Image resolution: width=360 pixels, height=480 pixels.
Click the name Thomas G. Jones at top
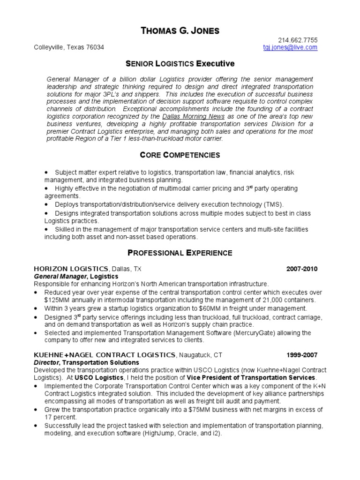tap(180, 31)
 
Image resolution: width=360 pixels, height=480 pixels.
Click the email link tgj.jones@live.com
tap(290, 47)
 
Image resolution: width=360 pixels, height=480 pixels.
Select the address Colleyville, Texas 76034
tap(69, 47)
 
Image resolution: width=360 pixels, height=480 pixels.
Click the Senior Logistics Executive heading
tap(180, 63)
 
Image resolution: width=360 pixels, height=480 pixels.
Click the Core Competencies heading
tap(180, 155)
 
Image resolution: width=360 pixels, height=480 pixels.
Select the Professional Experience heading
tap(180, 253)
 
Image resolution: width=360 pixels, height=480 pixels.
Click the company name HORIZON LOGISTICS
tap(71, 269)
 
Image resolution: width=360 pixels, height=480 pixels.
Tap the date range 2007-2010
tap(302, 269)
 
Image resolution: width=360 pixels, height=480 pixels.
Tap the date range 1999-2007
tap(302, 354)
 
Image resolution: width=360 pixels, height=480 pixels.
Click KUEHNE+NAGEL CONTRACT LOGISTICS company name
tap(105, 354)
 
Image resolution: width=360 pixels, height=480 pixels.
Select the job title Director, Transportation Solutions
tap(86, 362)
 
